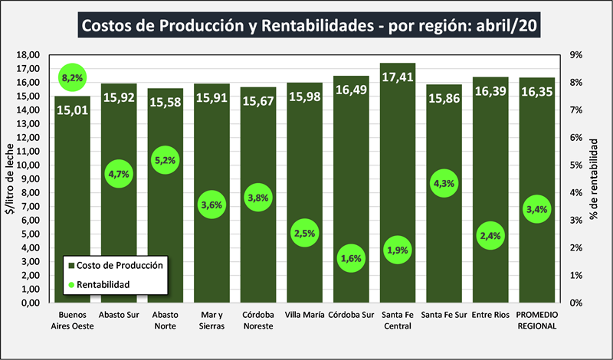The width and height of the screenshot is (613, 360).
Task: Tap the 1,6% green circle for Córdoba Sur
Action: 350,259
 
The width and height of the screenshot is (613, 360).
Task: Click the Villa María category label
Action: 303,315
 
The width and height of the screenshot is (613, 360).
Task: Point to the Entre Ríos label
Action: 490,315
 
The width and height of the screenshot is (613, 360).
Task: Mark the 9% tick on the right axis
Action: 575,55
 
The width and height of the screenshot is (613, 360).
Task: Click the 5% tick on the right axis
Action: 575,165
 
